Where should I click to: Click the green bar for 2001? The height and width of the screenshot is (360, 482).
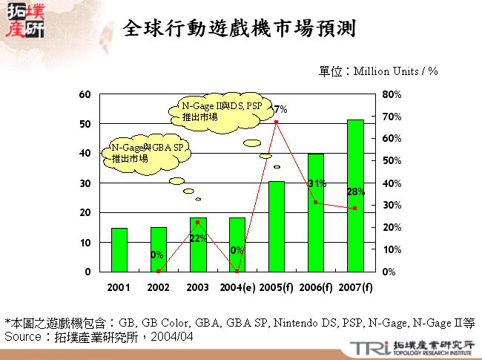[119, 249]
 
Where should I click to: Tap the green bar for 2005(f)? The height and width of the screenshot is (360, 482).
[277, 226]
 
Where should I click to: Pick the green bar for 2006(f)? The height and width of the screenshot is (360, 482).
[316, 212]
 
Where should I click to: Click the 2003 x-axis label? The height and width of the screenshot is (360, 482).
[198, 287]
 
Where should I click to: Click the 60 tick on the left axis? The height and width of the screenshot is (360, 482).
[85, 94]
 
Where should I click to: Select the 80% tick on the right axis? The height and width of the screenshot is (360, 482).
[392, 94]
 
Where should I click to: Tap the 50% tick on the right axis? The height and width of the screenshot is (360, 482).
[392, 161]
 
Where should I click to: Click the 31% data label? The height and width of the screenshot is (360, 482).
[317, 183]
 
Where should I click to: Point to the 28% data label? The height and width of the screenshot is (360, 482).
[356, 192]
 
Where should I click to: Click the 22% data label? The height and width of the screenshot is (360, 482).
[197, 238]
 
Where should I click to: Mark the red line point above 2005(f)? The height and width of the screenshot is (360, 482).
[277, 122]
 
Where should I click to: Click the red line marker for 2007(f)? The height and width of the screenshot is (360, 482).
[355, 209]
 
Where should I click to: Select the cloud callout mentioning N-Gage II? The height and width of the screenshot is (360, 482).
[221, 112]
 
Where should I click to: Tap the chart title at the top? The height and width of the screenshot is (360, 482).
[240, 29]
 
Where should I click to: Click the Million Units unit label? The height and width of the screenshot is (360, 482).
[378, 71]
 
